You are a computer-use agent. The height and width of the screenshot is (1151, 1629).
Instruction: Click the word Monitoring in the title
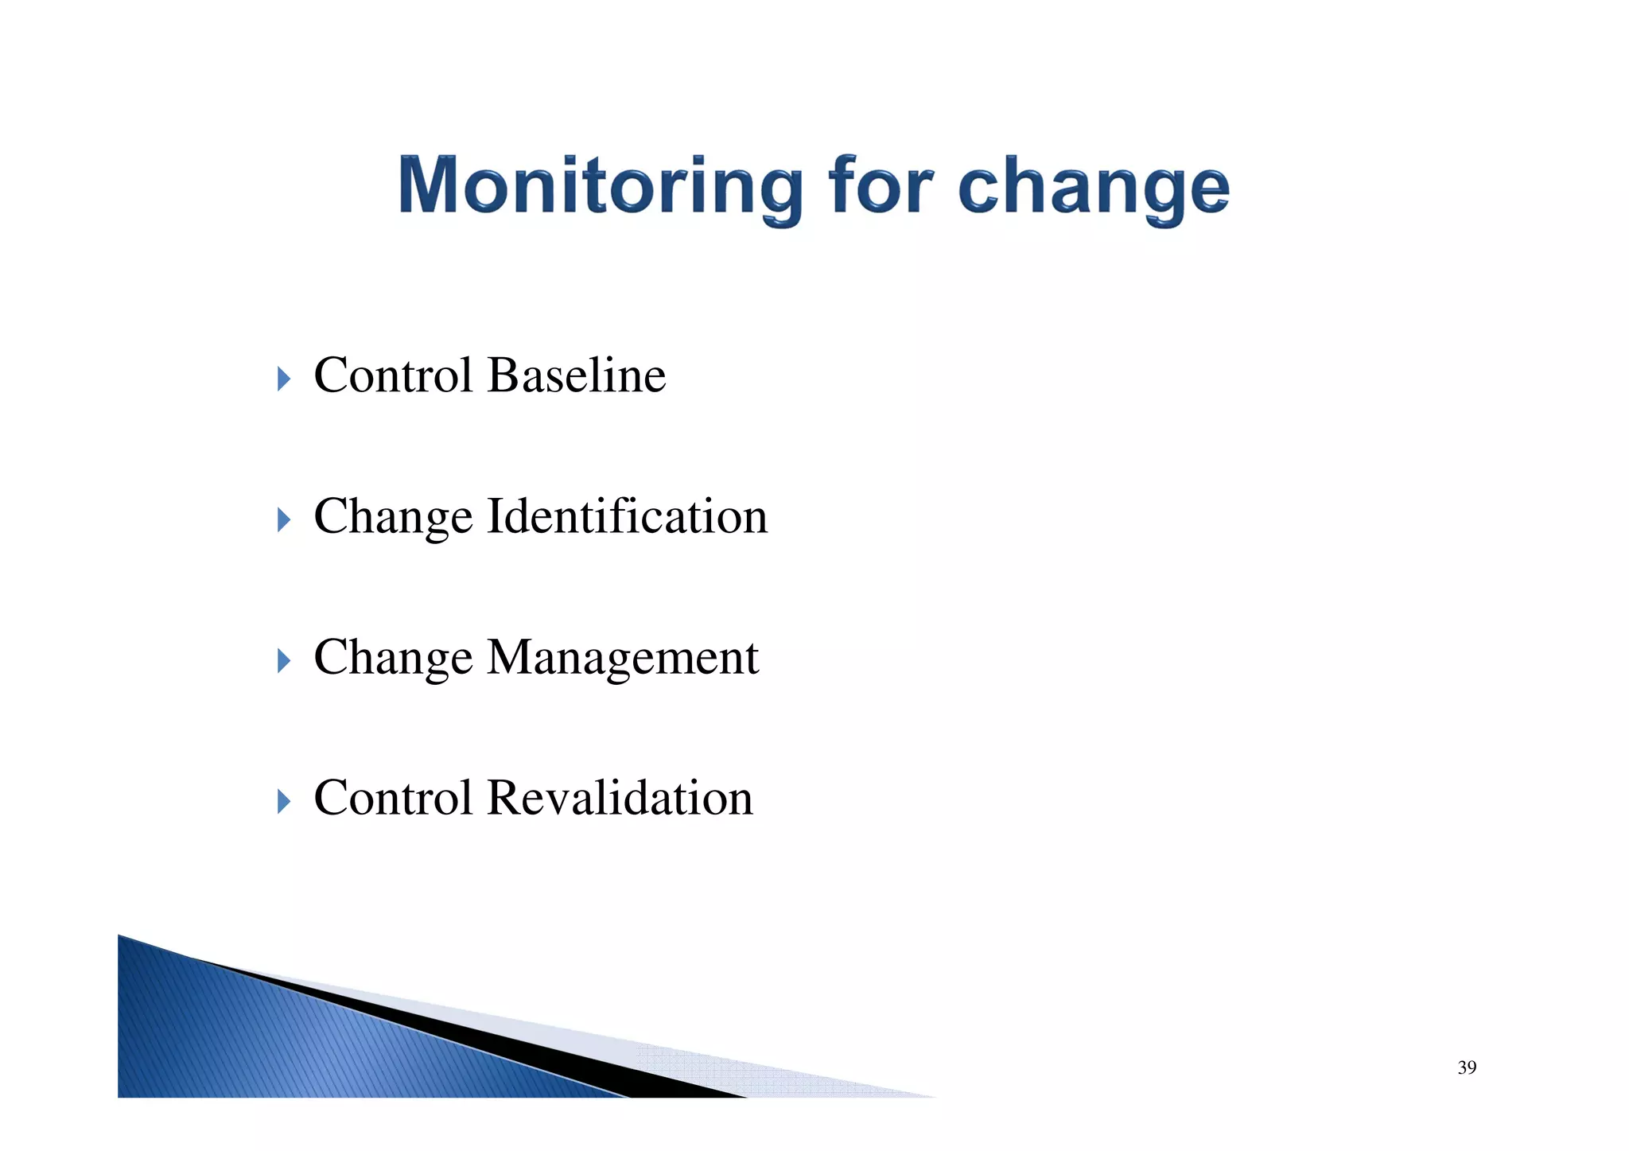click(601, 187)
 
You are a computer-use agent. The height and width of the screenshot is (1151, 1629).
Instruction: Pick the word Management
click(623, 658)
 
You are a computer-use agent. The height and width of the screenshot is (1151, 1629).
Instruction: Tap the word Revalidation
click(620, 797)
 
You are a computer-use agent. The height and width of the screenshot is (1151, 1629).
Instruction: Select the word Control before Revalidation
click(394, 797)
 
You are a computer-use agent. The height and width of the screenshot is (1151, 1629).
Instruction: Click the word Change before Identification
click(394, 517)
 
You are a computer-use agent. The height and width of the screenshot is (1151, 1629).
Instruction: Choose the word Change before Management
click(394, 658)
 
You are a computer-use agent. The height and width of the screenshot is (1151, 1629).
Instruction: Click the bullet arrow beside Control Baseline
click(284, 379)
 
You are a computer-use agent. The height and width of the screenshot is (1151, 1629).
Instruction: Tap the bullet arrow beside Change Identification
click(284, 520)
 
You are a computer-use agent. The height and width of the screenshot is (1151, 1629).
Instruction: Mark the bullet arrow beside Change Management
click(284, 660)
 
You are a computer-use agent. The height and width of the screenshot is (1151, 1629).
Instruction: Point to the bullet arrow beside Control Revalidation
click(284, 801)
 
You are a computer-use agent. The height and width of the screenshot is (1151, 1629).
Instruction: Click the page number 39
click(1467, 1067)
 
